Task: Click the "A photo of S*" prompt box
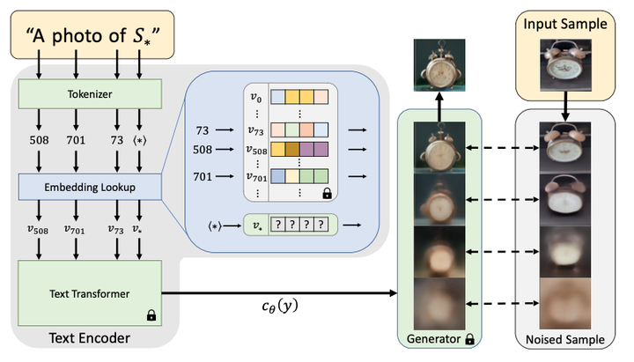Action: [x=98, y=36]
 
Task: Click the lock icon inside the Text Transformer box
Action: [x=151, y=314]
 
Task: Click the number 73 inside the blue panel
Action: [x=202, y=129]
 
